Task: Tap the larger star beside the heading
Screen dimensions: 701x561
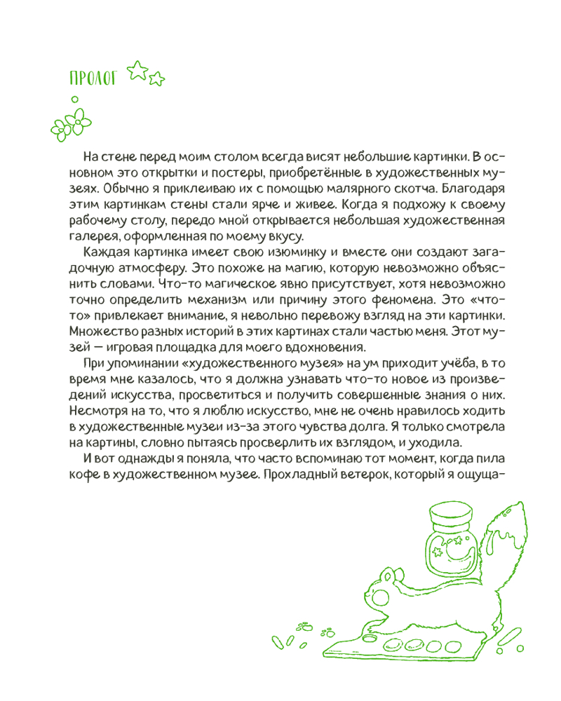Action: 137,70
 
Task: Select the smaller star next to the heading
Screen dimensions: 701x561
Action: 156,79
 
